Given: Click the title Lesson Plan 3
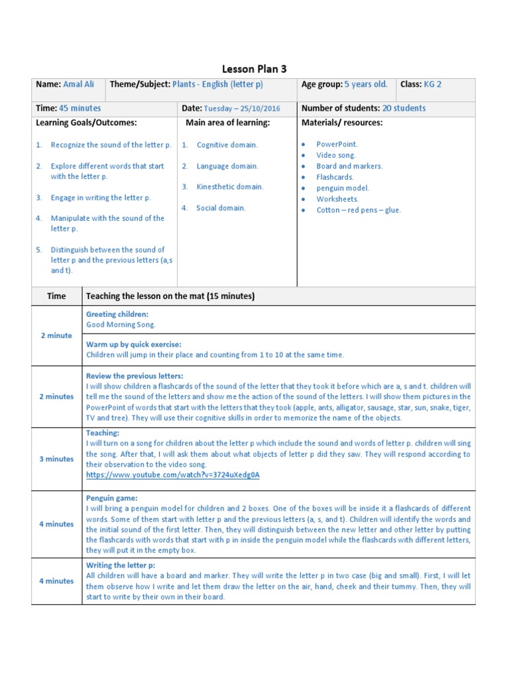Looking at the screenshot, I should tap(254, 68).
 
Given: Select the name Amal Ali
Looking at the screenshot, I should tap(79, 85).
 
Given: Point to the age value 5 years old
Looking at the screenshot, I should tap(365, 85).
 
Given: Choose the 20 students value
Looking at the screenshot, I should tap(404, 108).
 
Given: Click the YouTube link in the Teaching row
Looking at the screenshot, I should tap(173, 475).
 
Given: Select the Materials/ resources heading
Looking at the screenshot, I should tap(342, 123).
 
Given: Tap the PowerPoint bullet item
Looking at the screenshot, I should tap(337, 144).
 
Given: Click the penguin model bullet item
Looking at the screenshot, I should tap(343, 188).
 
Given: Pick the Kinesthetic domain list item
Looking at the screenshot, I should tap(230, 187).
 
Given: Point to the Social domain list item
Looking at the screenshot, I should tap(221, 208).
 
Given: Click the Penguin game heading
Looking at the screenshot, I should tap(112, 497).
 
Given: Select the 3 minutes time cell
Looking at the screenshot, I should tap(56, 459).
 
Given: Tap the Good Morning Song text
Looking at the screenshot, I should tap(121, 325).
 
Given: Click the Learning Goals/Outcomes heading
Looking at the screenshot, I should tap(86, 123).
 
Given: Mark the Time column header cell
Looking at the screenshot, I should tap(56, 296).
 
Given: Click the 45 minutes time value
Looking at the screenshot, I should tap(80, 108).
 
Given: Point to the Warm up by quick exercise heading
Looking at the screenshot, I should tap(133, 344).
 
